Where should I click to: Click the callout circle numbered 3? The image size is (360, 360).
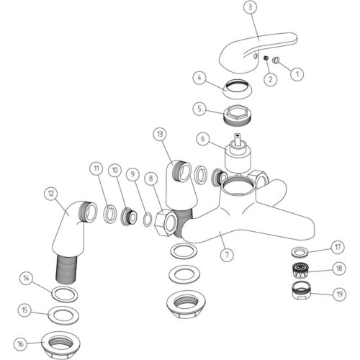pos(251,7)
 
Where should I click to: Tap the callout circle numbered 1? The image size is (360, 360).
pos(297,74)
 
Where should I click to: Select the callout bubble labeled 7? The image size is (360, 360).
pos(227,255)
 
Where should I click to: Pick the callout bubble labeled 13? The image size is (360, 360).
pos(160,134)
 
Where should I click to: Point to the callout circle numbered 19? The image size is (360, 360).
pos(339,294)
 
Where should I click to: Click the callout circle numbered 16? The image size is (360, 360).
pos(20,344)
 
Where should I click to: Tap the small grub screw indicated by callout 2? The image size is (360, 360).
pos(266,58)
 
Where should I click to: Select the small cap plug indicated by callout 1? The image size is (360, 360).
pos(276,60)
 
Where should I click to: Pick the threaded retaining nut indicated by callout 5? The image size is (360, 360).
pos(237,114)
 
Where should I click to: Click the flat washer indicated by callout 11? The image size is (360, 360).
pos(110,214)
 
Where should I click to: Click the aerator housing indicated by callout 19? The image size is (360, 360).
pos(302,290)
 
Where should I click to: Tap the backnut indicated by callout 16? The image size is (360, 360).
pos(60,345)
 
